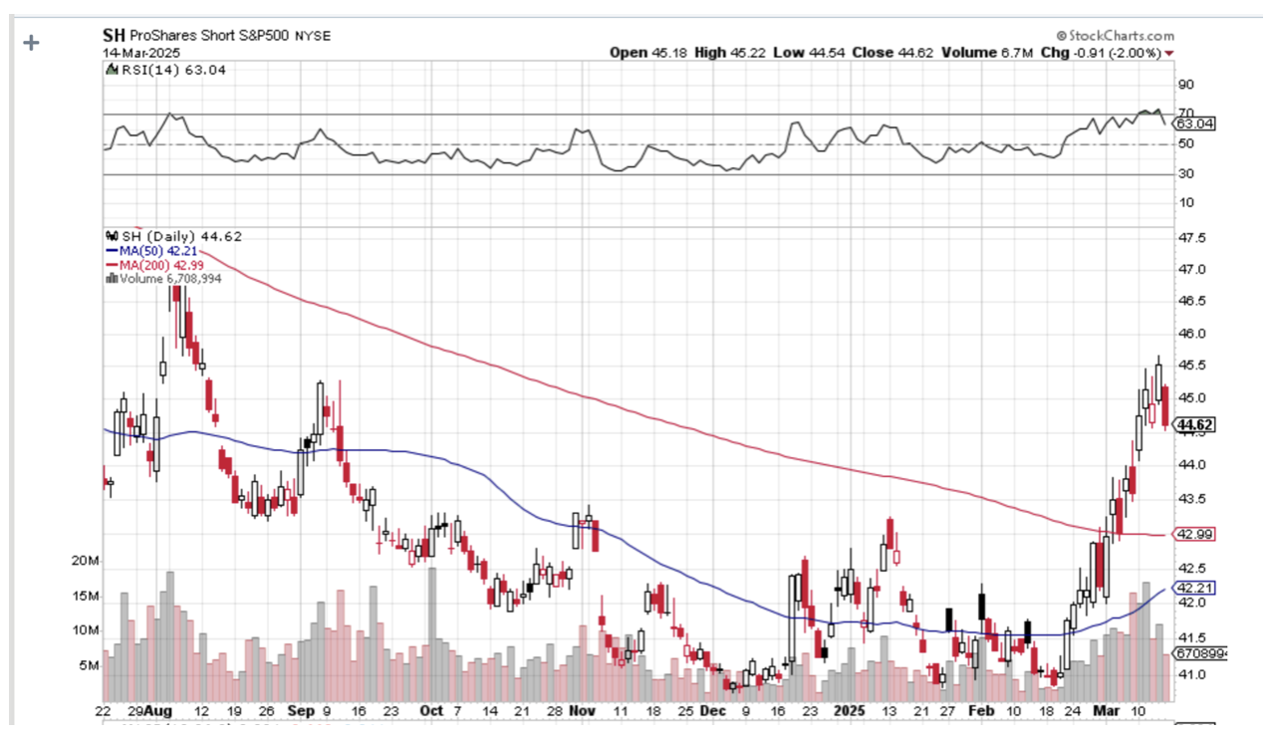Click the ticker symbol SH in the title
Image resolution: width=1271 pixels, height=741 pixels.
click(x=115, y=35)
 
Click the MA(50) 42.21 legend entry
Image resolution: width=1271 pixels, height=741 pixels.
click(x=148, y=251)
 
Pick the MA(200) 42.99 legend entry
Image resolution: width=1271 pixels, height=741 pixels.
click(x=151, y=265)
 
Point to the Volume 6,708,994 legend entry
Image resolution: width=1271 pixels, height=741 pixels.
click(x=164, y=279)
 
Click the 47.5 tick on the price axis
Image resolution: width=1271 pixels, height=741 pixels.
click(x=1191, y=239)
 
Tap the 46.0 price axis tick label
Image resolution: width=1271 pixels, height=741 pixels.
click(x=1191, y=334)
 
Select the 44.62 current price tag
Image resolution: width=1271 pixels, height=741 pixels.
click(x=1195, y=426)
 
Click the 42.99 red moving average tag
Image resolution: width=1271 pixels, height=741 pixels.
click(x=1195, y=535)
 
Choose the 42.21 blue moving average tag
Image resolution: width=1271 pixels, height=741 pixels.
click(x=1195, y=588)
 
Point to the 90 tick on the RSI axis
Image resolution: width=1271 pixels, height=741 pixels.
click(x=1185, y=85)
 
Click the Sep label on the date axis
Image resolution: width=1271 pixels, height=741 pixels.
click(x=302, y=712)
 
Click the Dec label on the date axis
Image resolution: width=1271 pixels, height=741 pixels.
click(x=713, y=712)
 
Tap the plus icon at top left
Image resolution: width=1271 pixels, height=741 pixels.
click(x=31, y=43)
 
